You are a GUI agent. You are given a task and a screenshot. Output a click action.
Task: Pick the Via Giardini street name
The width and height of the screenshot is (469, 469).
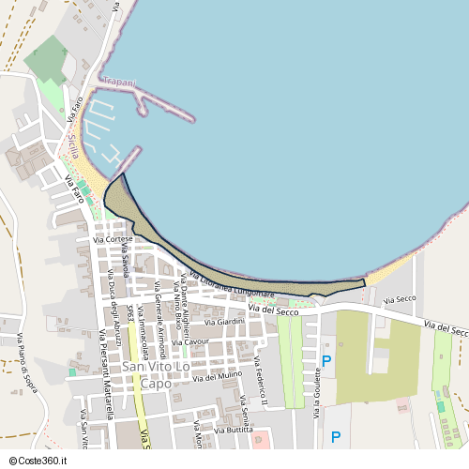click(224, 322)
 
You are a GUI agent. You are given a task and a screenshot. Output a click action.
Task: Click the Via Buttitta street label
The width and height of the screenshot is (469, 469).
click(233, 430)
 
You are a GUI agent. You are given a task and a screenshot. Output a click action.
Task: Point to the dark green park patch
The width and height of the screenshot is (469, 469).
click(46, 59)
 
